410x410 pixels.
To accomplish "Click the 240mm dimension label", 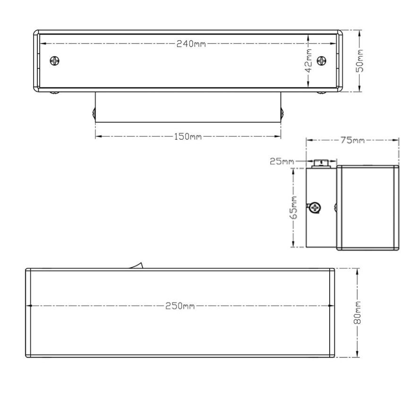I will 191,44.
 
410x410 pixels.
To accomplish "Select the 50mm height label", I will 360,61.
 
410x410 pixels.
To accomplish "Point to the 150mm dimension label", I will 188,137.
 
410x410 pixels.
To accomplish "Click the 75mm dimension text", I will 352,140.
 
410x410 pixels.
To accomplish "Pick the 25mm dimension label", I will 281,162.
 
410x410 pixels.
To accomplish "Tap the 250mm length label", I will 180,306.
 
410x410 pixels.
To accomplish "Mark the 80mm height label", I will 358,313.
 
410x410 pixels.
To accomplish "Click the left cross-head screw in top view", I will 56,60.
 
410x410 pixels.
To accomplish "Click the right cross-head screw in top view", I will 322,60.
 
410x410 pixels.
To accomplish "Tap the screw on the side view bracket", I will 315,207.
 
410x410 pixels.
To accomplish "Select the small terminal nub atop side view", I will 321,163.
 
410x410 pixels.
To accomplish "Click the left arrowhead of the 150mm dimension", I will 98,137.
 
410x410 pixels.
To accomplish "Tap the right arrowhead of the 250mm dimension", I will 332,306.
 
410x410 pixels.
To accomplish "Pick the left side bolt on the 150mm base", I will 94,113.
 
